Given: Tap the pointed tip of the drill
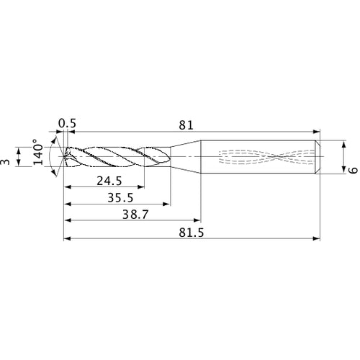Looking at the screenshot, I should click(63, 156).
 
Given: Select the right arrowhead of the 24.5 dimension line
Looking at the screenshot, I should click(141, 186).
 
